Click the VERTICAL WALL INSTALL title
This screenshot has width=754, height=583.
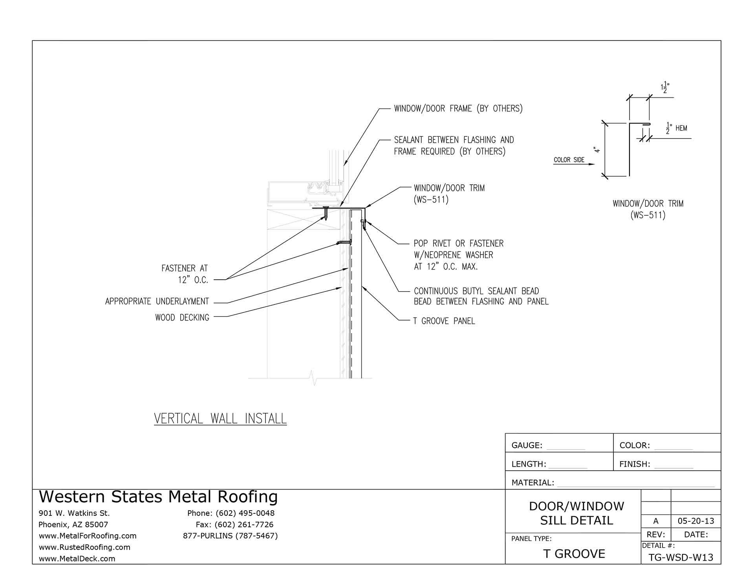(220, 418)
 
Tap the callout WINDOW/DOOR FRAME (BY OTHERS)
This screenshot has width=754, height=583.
(458, 108)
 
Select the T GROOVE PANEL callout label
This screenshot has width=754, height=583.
(444, 321)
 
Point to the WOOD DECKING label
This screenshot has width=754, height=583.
(182, 317)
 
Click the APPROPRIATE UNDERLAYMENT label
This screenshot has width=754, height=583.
(157, 301)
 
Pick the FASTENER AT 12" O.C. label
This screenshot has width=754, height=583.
(185, 274)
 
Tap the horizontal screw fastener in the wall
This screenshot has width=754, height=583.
(344, 242)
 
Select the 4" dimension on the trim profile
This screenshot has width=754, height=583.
(597, 150)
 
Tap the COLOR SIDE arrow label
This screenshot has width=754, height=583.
(569, 160)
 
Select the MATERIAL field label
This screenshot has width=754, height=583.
(533, 482)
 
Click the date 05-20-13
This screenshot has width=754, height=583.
(696, 521)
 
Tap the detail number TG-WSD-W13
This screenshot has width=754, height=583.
(681, 557)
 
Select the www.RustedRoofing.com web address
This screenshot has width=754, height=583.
(84, 547)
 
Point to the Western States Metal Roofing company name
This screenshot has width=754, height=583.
(158, 497)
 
